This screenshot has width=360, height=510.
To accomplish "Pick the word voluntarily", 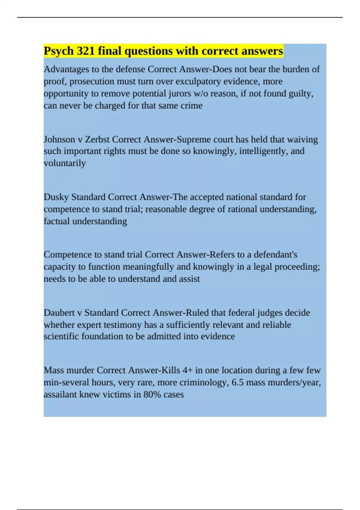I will tap(65, 163).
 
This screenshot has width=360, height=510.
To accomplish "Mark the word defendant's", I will tap(275, 255).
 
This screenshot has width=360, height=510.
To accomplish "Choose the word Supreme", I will tap(194, 139).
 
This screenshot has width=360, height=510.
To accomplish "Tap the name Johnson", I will tap(59, 139).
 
